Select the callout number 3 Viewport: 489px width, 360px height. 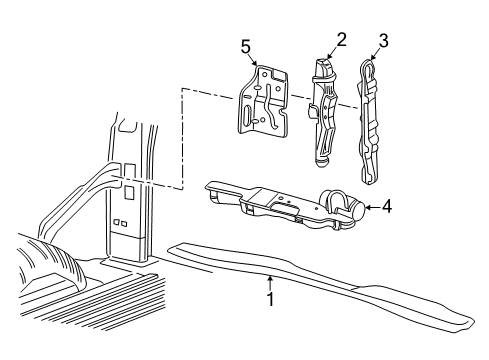click(381, 42)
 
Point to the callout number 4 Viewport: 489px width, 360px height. click(387, 207)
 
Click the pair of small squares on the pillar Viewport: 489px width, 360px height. click(120, 223)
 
